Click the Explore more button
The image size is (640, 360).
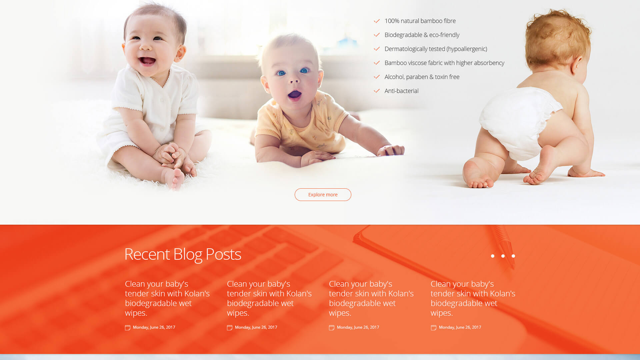click(x=323, y=195)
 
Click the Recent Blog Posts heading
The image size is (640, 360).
click(x=183, y=254)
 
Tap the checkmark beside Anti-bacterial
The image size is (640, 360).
click(x=377, y=91)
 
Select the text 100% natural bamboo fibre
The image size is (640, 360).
click(x=420, y=21)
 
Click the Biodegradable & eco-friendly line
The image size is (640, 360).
click(x=422, y=35)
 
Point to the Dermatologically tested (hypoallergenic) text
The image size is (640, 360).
click(x=436, y=49)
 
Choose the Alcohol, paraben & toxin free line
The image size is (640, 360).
click(x=422, y=77)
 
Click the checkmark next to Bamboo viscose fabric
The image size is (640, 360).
click(x=377, y=63)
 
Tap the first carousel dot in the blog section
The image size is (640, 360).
click(x=493, y=256)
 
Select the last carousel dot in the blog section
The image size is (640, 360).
click(x=513, y=256)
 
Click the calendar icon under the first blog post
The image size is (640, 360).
click(x=128, y=328)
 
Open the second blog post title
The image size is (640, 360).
click(x=269, y=298)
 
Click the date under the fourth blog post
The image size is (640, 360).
click(x=460, y=327)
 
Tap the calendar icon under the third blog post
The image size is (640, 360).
click(x=332, y=328)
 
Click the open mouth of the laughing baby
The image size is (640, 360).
click(x=147, y=61)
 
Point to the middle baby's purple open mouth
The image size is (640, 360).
click(x=295, y=95)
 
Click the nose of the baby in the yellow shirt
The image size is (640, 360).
click(x=294, y=80)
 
